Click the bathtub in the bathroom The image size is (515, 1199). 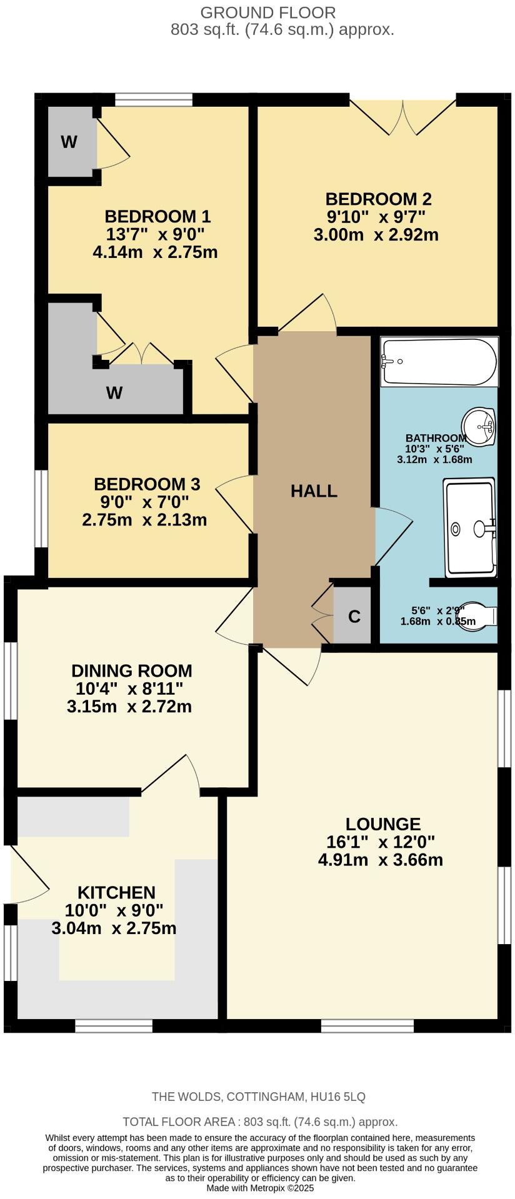(439, 362)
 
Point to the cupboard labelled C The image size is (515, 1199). (354, 617)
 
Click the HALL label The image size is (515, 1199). (314, 491)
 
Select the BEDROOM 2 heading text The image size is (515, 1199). (378, 199)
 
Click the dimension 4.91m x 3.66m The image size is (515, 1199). (380, 860)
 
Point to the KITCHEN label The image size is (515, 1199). (116, 892)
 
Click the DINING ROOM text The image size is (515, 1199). (131, 671)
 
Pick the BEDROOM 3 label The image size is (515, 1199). (147, 484)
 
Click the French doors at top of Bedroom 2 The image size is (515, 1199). (402, 116)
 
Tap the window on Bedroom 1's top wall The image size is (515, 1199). (154, 100)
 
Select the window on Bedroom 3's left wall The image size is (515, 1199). (41, 509)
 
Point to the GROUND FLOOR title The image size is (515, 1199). (267, 12)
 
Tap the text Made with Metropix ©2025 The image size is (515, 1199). (260, 1188)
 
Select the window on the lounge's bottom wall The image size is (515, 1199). (367, 1025)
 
